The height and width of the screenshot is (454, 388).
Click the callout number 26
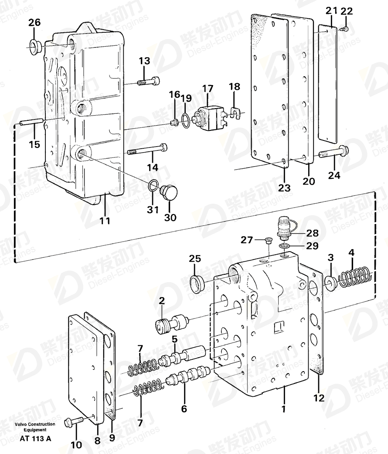click(34, 23)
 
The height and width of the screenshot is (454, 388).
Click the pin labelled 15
click(32, 122)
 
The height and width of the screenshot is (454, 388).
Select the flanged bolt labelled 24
click(334, 152)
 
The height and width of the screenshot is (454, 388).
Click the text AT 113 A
click(35, 439)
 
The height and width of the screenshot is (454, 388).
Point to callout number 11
click(105, 221)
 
